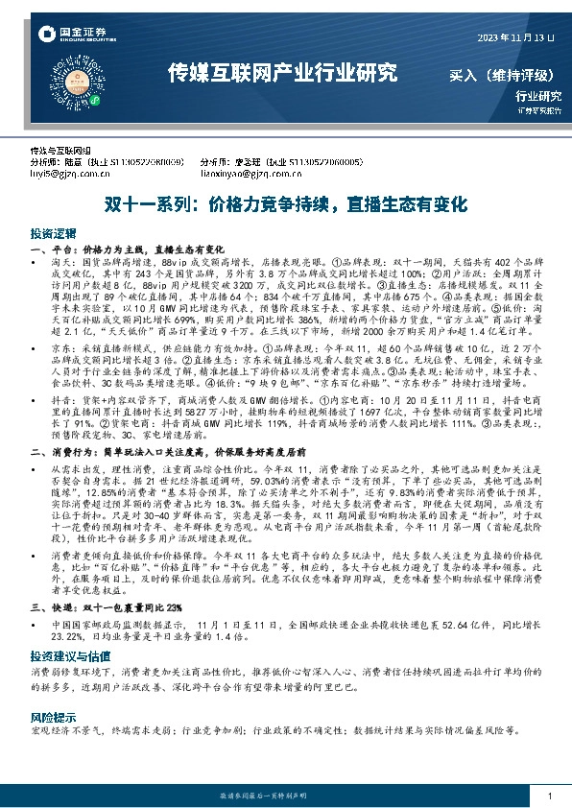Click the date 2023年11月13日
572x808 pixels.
(x=516, y=36)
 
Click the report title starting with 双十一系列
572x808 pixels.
(x=285, y=204)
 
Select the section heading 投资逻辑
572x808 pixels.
(x=51, y=233)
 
